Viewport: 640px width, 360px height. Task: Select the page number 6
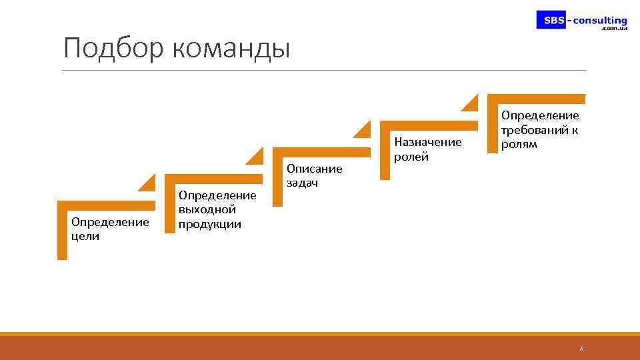[x=581, y=349]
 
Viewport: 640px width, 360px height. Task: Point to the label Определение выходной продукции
[x=217, y=209]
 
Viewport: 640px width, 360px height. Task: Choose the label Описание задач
[x=314, y=176]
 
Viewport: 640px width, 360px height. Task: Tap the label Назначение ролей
[x=427, y=149]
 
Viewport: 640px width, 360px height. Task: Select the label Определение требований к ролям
[x=540, y=130]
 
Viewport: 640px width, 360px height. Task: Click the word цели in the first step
[x=85, y=236]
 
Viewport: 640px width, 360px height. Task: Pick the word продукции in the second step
[x=209, y=224]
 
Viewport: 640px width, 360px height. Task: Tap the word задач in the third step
[x=303, y=183]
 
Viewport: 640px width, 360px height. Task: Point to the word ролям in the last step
[x=519, y=144]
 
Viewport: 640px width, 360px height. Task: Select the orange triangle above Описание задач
[x=365, y=129]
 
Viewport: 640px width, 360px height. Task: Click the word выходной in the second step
[x=207, y=209]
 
